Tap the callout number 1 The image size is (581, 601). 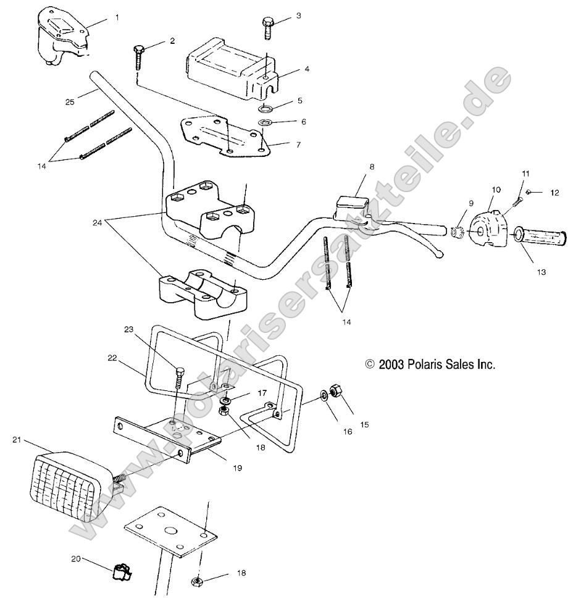coord(117,19)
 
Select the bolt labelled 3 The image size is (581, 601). coord(267,27)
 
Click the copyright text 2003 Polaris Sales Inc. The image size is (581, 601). coord(430,365)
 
